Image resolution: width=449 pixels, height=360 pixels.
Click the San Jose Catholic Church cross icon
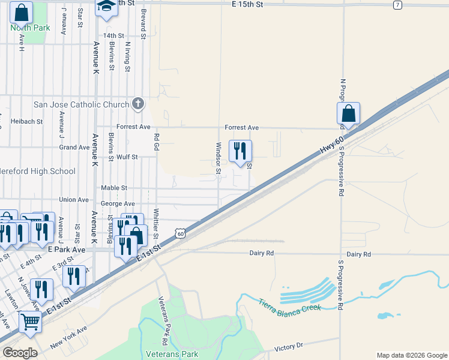[137, 104]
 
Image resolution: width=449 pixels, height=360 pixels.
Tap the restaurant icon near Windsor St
[240, 151]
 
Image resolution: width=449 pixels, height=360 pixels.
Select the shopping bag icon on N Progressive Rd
[348, 113]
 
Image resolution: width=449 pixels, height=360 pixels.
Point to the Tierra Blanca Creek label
[291, 304]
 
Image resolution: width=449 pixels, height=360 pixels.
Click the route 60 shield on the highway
[180, 233]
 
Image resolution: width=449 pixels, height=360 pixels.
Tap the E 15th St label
[247, 4]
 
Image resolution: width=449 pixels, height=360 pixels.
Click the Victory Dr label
[289, 347]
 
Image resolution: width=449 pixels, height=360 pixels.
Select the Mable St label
[114, 188]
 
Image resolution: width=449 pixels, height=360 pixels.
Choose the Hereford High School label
[38, 171]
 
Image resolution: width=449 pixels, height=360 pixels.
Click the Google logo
[20, 353]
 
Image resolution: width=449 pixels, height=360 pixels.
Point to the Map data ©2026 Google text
[411, 355]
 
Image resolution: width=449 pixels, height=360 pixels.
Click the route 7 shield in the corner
[397, 5]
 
